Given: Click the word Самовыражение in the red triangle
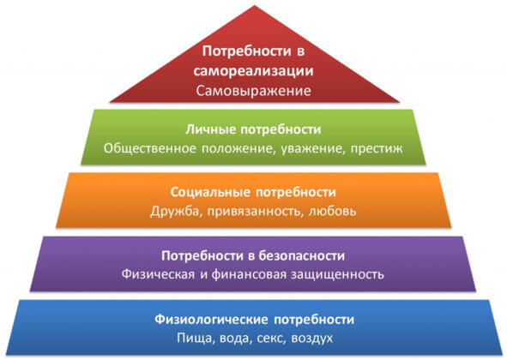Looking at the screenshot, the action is (x=254, y=91).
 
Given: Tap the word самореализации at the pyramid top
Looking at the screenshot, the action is (x=254, y=71).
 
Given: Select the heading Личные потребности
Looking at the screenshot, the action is (x=253, y=129).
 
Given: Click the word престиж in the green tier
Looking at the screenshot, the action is (x=377, y=148).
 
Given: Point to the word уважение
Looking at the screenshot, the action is (x=311, y=148).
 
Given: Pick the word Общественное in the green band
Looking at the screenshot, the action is (x=150, y=148).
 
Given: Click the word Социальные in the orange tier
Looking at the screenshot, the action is (x=210, y=192).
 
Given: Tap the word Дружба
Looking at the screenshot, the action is (x=175, y=212).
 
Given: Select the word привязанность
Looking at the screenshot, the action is (x=256, y=212).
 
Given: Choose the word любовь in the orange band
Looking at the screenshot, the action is (x=333, y=211).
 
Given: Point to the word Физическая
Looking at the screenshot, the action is (x=158, y=274).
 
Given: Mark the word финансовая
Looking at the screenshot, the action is (x=249, y=274).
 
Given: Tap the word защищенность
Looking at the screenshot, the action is (x=337, y=274).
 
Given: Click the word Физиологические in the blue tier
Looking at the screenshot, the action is (x=211, y=319).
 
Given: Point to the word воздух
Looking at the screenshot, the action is (x=312, y=339).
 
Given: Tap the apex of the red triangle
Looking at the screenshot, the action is (x=255, y=5).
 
